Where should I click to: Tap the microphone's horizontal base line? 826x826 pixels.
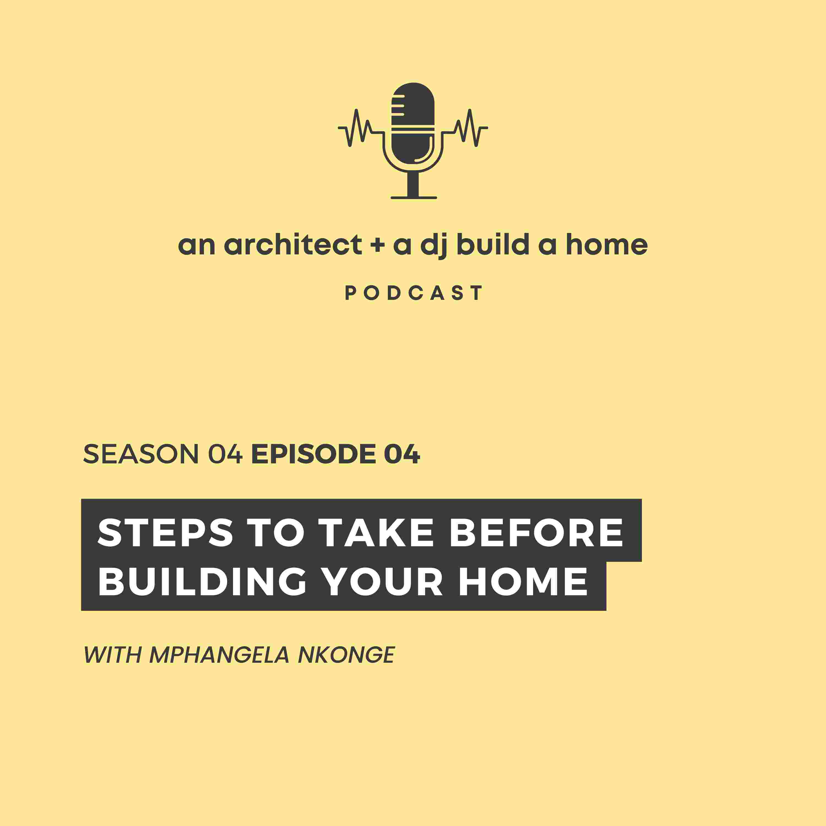coord(414,197)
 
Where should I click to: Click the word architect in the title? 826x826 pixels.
coord(293,245)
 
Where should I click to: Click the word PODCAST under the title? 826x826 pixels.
coord(414,293)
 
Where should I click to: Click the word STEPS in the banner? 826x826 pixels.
coord(165,533)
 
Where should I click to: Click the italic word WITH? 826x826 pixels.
coord(112,654)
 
